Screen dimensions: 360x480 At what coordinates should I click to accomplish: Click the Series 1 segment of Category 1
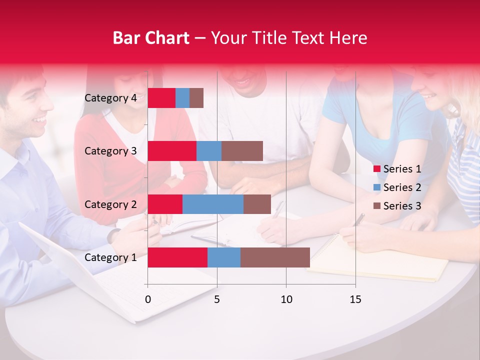click(177, 257)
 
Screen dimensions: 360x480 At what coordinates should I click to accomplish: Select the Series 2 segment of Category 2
click(213, 204)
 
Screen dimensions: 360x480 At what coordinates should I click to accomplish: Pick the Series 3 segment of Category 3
click(242, 151)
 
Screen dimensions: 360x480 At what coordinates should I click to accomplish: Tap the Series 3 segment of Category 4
click(196, 98)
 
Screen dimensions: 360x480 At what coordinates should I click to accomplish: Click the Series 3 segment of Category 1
click(275, 257)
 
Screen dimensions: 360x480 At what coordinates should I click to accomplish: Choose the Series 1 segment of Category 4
click(161, 98)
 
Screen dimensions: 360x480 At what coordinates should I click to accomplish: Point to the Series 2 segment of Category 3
click(209, 151)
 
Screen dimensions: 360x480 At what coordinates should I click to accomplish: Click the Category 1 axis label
click(110, 257)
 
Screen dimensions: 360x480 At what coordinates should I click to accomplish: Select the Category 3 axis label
click(110, 151)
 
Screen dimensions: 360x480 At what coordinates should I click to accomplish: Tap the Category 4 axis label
click(110, 98)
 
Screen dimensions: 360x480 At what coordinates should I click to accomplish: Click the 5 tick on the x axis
click(217, 299)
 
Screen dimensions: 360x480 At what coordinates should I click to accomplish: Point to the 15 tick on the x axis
click(355, 299)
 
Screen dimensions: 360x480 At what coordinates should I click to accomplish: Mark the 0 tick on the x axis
click(148, 299)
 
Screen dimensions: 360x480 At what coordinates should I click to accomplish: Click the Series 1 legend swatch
click(376, 169)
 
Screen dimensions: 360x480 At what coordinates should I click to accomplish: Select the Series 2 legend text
click(402, 187)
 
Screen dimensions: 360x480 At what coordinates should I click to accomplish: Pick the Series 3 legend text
click(402, 206)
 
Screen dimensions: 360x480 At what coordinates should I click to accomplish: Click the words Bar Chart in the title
click(151, 38)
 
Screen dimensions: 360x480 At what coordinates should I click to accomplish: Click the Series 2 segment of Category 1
click(224, 257)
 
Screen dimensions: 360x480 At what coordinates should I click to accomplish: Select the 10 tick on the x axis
click(286, 299)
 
